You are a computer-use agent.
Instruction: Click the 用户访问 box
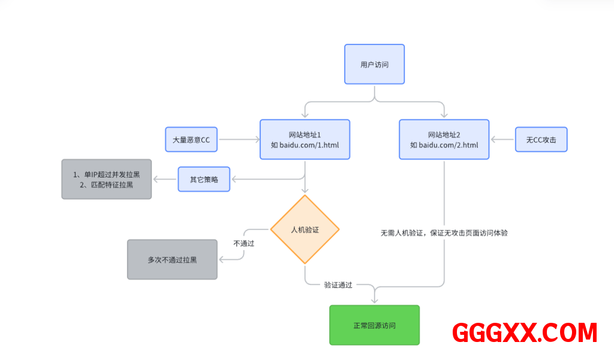click(374, 64)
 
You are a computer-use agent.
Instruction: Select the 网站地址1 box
click(305, 139)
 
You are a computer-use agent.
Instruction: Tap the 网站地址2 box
click(444, 139)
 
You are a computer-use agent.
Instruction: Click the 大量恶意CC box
click(191, 140)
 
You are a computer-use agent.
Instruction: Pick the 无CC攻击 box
click(541, 140)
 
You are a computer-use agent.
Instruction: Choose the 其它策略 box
click(204, 179)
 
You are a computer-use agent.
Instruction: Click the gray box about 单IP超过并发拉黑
click(106, 179)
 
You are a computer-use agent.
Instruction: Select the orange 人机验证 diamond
click(305, 229)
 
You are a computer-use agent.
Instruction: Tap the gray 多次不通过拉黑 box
click(172, 260)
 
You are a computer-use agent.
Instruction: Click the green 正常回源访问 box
click(374, 325)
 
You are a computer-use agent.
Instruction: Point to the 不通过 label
click(244, 244)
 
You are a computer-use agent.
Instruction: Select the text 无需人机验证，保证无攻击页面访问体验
click(444, 233)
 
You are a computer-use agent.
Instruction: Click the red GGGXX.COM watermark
click(525, 332)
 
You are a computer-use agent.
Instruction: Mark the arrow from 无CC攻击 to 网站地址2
click(502, 140)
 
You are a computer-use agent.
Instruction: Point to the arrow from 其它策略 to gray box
click(164, 179)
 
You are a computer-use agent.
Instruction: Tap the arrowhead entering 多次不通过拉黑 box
click(222, 260)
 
